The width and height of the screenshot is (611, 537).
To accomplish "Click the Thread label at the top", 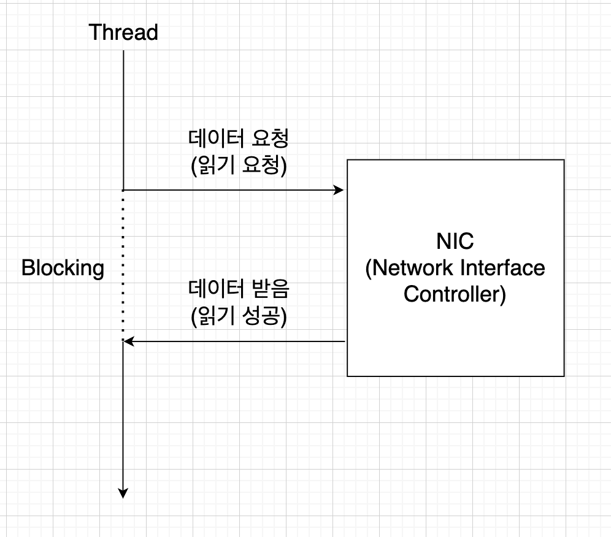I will point(123,32).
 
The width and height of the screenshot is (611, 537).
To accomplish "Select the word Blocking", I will point(63,268).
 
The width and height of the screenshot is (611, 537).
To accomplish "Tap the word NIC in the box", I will point(455,241).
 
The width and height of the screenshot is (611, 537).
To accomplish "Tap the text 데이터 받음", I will point(239,288).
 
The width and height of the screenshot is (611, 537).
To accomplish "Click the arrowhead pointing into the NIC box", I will point(339,190).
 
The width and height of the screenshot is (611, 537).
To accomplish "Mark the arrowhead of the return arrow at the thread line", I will point(129,341).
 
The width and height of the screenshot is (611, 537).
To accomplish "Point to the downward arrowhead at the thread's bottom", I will point(123,492).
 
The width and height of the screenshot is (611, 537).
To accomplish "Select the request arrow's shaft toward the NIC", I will point(233,190).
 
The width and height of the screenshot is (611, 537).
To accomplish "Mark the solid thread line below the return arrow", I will point(123,417).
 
